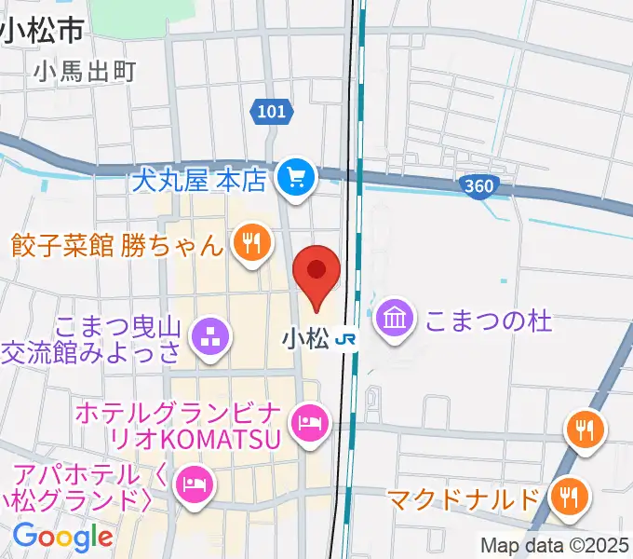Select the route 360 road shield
(x=478, y=186)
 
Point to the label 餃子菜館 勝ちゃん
(x=117, y=245)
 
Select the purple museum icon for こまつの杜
(x=397, y=320)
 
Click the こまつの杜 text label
(x=489, y=320)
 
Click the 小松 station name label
(x=303, y=341)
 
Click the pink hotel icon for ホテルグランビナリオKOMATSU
(x=307, y=424)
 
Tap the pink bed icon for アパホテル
(x=193, y=484)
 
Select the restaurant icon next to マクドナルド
(x=567, y=495)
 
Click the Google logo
(x=62, y=538)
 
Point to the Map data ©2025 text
(x=555, y=545)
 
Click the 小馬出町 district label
(x=84, y=71)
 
